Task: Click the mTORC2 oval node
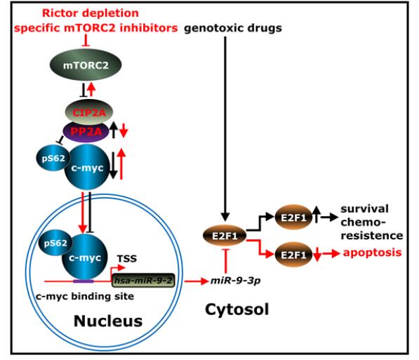tap(86, 65)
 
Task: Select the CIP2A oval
tap(89, 112)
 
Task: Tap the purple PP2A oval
tap(86, 131)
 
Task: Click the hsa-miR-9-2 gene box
tap(143, 281)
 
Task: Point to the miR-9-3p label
tap(236, 281)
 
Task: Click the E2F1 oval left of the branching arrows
tap(225, 236)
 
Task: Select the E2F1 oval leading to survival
tap(293, 218)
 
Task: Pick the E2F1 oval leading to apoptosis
tap(293, 255)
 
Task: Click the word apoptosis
tap(372, 253)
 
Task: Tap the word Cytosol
tap(237, 309)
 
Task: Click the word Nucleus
tap(108, 321)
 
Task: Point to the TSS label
tap(127, 258)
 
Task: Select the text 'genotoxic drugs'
tap(233, 28)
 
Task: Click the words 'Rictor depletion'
tap(91, 13)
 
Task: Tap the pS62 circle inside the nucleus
tap(55, 243)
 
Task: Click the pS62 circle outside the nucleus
tap(53, 158)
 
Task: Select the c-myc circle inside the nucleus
tap(85, 257)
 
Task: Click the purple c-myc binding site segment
tap(84, 281)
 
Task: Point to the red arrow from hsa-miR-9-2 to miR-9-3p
tap(197, 281)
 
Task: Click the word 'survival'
tap(364, 208)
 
